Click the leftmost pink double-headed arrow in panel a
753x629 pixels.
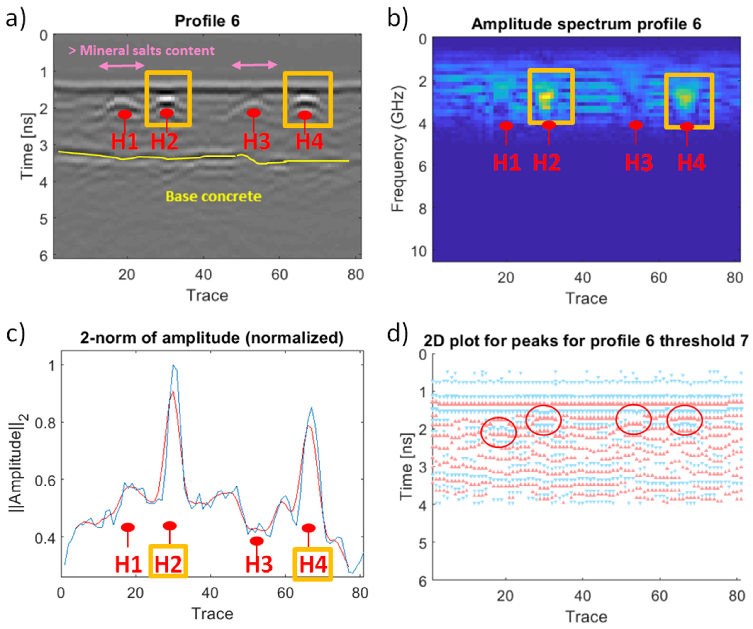[x=122, y=65]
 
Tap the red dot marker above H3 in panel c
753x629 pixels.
[x=257, y=540]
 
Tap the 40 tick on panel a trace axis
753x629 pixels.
[x=203, y=275]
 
